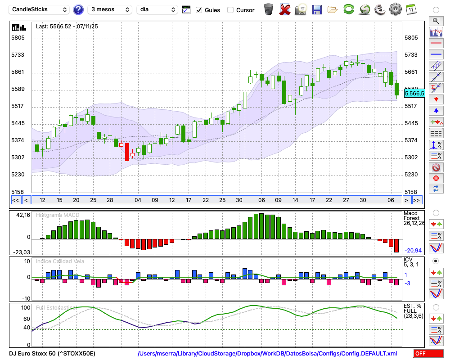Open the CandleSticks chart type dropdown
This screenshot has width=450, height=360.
40,9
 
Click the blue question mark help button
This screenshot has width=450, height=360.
78,9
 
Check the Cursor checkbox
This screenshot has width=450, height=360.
230,10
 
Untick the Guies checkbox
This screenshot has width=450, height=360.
199,10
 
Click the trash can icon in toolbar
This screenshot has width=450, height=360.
269,9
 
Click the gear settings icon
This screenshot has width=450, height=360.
395,9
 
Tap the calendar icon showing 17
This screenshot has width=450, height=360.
410,9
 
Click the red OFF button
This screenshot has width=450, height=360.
428,354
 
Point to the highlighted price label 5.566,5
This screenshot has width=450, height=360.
414,93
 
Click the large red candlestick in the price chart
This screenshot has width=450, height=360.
127,152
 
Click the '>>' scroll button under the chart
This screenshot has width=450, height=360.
417,200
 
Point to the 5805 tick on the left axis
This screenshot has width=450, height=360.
18,38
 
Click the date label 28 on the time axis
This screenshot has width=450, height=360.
109,200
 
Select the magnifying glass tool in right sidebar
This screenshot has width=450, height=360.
436,21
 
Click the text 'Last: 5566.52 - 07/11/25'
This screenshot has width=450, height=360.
67,27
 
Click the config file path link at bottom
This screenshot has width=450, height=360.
267,354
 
